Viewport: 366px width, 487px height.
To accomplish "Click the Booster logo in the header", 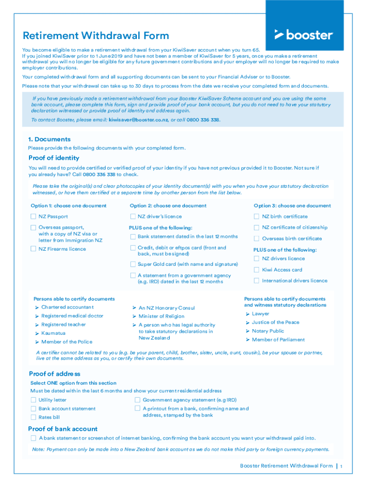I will coord(304,35).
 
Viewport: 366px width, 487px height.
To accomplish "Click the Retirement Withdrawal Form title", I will coord(96,36).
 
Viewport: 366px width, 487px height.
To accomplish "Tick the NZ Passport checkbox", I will coord(33,217).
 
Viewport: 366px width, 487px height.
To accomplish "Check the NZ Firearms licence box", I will coord(33,249).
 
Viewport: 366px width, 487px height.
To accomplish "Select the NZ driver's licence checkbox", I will coord(133,217).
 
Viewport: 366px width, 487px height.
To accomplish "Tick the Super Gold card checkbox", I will coord(133,264).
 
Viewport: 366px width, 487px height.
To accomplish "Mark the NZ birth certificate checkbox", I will coord(257,217).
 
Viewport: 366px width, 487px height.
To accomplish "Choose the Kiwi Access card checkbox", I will coord(257,270).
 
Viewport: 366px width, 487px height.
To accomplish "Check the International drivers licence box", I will coord(257,281).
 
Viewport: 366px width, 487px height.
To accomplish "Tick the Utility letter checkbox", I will coord(33,400).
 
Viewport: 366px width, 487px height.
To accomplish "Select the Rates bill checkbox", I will coord(33,417).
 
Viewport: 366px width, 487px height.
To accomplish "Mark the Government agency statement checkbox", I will coord(138,400).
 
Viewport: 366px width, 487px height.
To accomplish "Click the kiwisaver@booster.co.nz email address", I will coord(138,120).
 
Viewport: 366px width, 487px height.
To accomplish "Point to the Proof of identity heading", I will coord(54,158).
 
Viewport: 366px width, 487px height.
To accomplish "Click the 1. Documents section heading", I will coord(49,139).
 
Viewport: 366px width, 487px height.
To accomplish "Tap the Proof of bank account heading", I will coord(63,429).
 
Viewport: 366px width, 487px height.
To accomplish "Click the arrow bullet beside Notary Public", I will coord(248,331).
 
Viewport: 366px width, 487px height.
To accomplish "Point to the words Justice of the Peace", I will coord(276,322).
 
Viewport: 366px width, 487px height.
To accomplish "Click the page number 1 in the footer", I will coord(341,466).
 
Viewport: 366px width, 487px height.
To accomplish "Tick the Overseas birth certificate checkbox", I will coord(257,239).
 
